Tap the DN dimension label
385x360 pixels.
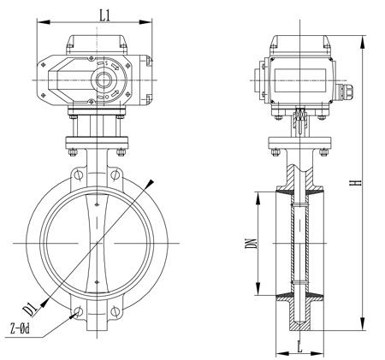click(250, 243)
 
